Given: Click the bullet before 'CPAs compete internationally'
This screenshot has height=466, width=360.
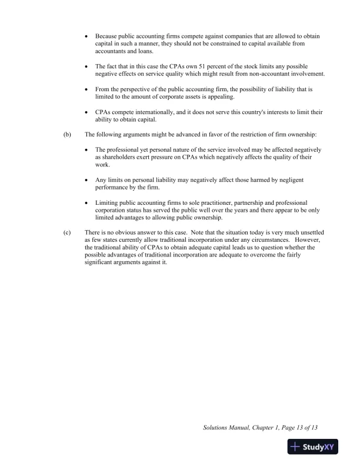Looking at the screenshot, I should pyautogui.click(x=87, y=112).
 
